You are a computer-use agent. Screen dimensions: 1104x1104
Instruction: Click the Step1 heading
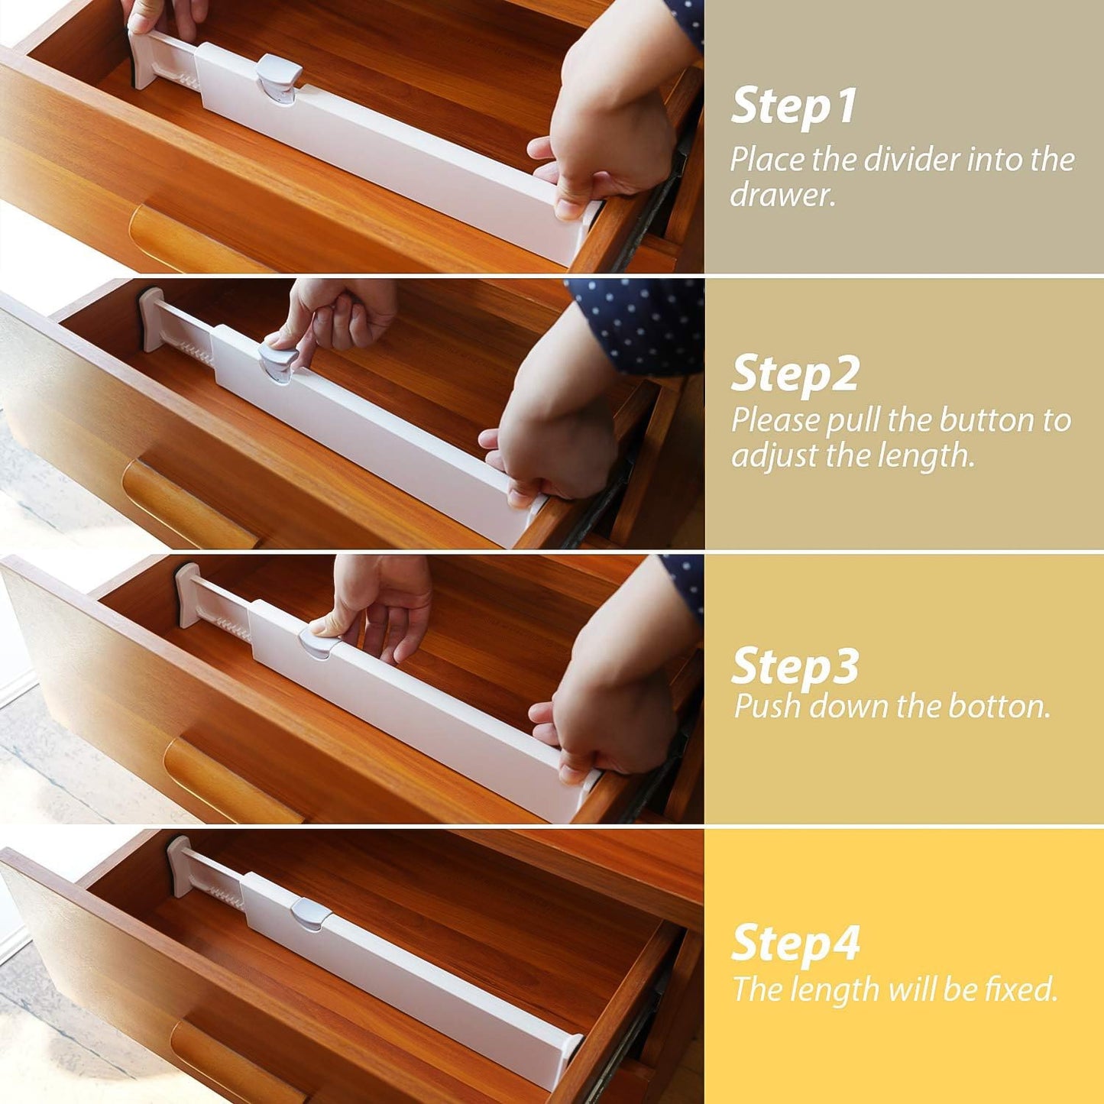click(x=794, y=107)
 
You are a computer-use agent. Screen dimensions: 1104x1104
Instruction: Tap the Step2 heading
click(x=795, y=375)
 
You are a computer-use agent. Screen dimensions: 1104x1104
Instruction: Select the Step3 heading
click(x=795, y=666)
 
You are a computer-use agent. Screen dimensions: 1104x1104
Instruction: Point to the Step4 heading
click(x=795, y=944)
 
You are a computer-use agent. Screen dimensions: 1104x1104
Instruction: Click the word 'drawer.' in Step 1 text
click(x=782, y=195)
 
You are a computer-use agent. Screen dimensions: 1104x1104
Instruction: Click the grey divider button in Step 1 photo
click(x=278, y=77)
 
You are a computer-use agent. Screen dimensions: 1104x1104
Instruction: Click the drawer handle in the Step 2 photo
click(x=187, y=503)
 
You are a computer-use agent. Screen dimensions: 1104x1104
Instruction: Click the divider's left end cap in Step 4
click(x=178, y=864)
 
